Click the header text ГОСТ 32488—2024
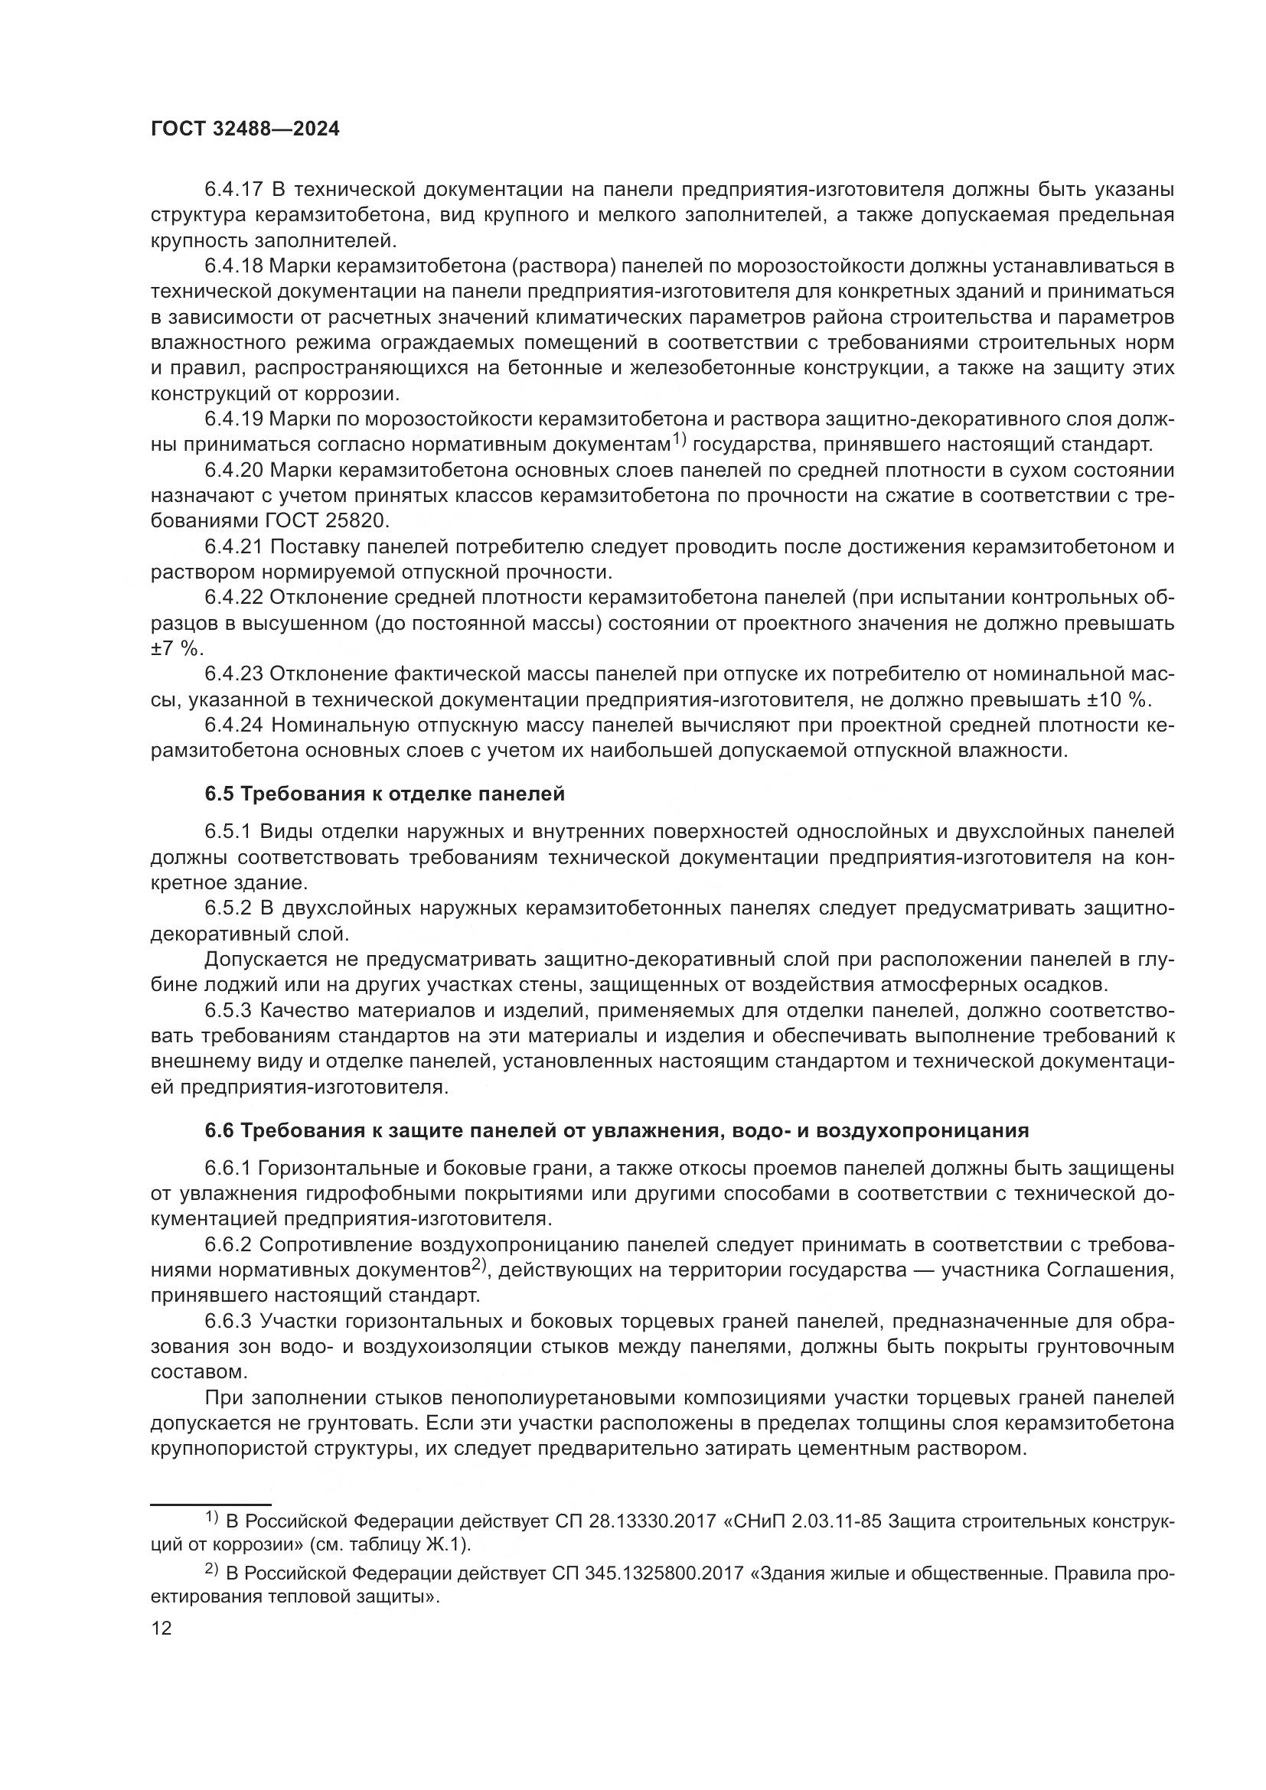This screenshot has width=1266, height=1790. tap(245, 129)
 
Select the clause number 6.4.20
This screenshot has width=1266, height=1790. tap(236, 470)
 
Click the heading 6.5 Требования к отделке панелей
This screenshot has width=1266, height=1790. tap(384, 794)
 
